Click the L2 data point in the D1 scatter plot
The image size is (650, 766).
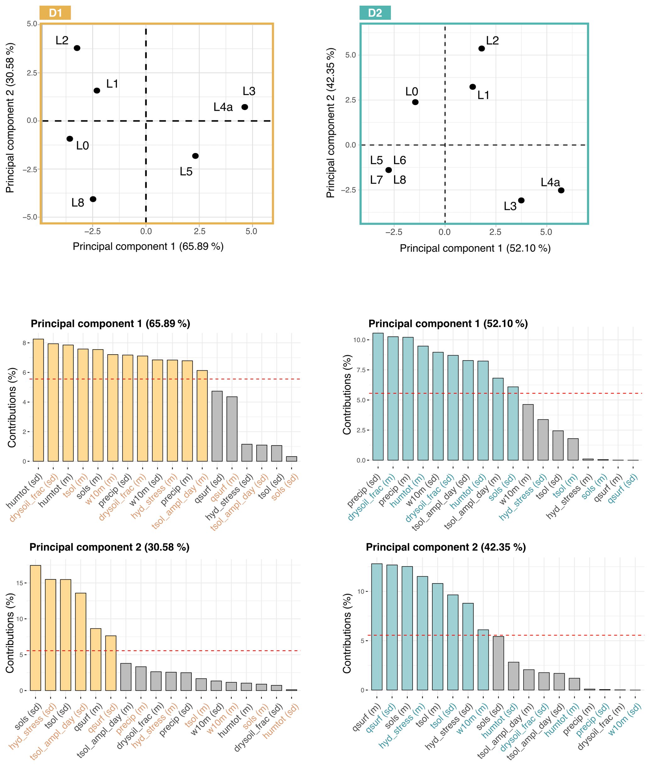tap(77, 48)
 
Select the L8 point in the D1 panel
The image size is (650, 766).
tap(93, 199)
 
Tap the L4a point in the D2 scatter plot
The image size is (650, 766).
tap(561, 190)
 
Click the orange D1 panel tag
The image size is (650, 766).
tap(55, 13)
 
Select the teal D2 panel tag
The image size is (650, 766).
tap(375, 13)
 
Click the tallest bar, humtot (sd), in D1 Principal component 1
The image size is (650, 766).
tap(38, 400)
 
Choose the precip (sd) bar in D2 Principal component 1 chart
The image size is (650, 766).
tap(378, 397)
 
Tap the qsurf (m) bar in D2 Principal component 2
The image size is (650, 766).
tap(377, 626)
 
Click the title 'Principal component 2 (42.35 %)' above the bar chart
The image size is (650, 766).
tap(446, 547)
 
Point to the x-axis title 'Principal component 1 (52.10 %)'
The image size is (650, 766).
tap(475, 248)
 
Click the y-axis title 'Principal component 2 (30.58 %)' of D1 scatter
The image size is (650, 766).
tap(10, 118)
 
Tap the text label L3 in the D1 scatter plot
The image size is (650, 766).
tap(249, 91)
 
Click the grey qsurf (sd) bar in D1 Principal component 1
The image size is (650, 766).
tap(217, 426)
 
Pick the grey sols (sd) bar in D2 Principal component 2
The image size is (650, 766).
tap(498, 663)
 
